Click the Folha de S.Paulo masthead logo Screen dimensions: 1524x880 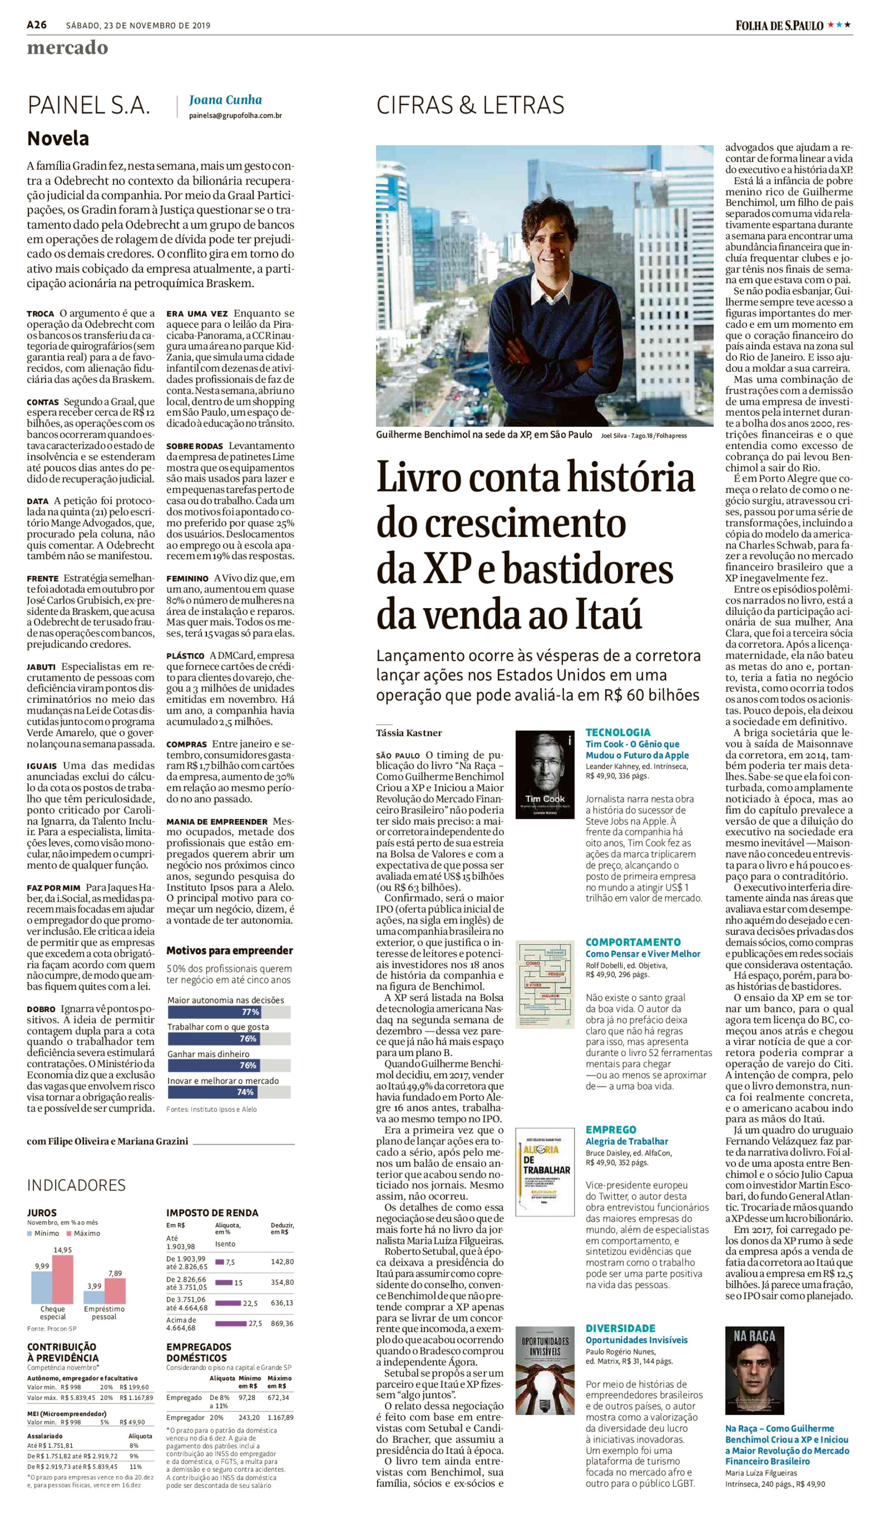(779, 25)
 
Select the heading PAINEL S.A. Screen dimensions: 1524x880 (88, 105)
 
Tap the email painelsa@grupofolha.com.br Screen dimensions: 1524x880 (235, 115)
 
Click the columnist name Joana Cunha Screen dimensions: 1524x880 (225, 100)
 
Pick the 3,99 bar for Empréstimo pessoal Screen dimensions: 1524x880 (94, 1297)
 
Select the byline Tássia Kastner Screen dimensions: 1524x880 (409, 733)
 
